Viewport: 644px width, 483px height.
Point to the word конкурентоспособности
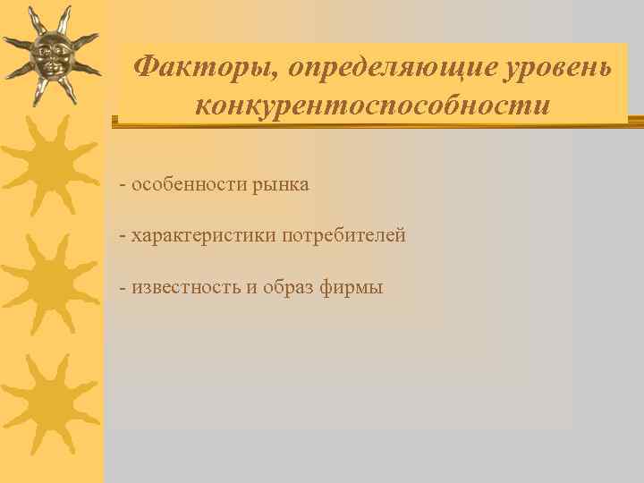coord(372,105)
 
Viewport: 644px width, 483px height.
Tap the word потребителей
coord(343,236)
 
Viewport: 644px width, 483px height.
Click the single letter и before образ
coord(251,288)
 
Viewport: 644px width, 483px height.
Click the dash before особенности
coord(123,185)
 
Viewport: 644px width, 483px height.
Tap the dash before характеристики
coord(123,236)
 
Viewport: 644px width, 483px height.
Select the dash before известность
coord(123,288)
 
